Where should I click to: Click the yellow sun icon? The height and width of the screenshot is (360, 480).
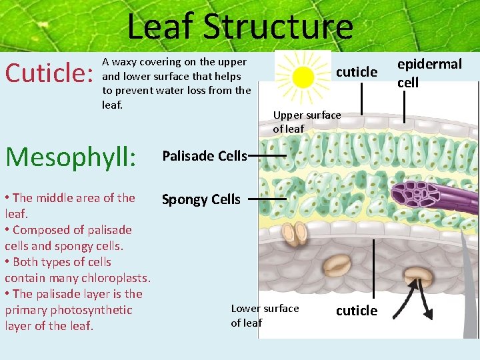303,76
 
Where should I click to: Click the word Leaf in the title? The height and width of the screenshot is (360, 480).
161,28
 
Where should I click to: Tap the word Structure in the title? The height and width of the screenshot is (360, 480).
278,28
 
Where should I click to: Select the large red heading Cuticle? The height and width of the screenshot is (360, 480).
48,73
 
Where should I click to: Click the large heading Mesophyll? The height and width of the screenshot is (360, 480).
70,157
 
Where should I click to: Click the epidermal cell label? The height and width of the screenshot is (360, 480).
429,73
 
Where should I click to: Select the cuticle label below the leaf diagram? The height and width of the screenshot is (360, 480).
356,311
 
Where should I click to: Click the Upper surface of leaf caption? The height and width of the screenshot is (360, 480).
307,122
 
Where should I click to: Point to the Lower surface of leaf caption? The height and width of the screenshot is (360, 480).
265,315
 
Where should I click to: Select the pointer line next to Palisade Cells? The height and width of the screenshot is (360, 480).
267,157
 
